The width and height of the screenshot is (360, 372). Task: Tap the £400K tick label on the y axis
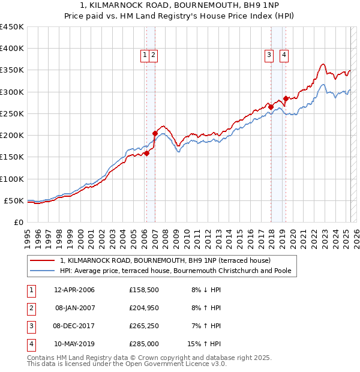[12, 49]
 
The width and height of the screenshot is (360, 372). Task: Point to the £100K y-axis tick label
[12, 179]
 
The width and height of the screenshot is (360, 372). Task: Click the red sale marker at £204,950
[155, 133]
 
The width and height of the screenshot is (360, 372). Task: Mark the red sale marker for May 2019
[286, 98]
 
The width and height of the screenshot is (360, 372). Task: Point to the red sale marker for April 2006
[146, 153]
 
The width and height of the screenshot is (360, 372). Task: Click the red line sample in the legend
[43, 260]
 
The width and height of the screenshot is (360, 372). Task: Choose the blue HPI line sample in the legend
[43, 271]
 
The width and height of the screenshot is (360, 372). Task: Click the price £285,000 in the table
[144, 344]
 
